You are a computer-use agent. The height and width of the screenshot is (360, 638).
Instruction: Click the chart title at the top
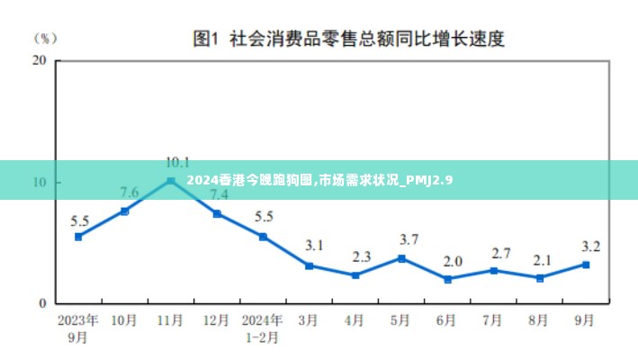click(348, 39)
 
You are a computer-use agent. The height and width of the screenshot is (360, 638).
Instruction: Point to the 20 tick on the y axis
click(39, 60)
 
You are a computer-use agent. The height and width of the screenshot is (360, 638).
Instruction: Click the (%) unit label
click(45, 38)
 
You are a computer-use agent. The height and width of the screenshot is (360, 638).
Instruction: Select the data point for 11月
click(170, 181)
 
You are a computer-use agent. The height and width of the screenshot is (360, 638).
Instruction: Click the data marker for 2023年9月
click(78, 237)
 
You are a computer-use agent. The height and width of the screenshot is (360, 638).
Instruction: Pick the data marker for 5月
click(401, 258)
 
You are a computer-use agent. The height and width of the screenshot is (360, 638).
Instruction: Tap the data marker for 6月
click(447, 279)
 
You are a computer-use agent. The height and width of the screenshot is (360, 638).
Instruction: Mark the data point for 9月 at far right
click(586, 265)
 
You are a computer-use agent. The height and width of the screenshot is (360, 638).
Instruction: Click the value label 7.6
click(129, 193)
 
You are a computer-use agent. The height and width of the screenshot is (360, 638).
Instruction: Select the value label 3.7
click(409, 239)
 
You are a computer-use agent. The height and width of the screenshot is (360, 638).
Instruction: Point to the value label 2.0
click(453, 261)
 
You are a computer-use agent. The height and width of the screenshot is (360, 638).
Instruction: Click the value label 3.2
click(591, 246)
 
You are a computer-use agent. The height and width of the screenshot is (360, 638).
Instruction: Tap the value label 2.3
click(362, 256)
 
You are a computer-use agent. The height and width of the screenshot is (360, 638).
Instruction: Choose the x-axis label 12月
click(216, 320)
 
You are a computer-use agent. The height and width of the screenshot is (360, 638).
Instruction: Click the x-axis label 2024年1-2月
click(263, 328)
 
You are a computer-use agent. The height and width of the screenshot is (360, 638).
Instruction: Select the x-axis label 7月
click(493, 320)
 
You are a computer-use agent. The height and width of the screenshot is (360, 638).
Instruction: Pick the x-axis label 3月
click(309, 320)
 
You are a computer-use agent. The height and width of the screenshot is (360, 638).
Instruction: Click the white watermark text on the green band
click(319, 181)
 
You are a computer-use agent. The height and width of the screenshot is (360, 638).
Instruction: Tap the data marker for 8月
click(540, 278)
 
